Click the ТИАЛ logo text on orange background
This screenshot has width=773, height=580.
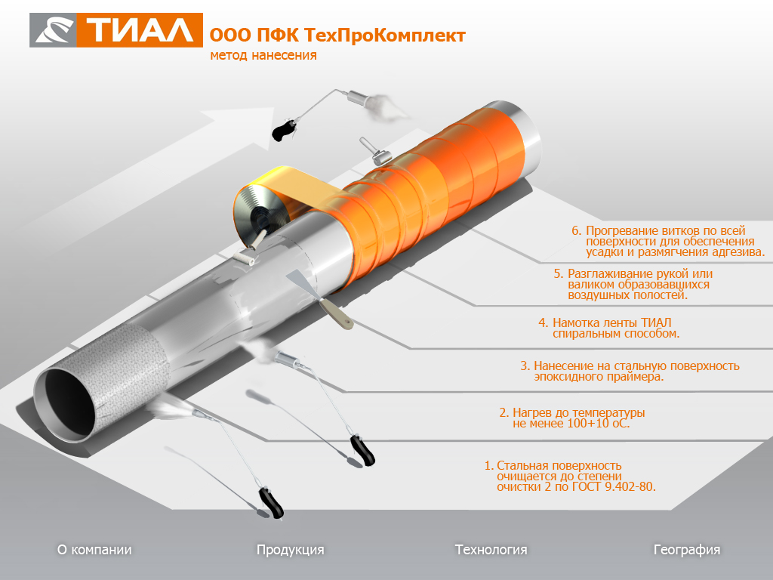140,30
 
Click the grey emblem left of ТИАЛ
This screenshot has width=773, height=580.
54,30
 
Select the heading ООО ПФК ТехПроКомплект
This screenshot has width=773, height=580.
337,35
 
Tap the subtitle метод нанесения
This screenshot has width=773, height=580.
263,55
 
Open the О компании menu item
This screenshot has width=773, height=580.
94,550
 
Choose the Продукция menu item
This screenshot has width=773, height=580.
291,550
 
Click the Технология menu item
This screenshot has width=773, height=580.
491,550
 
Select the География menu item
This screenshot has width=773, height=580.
687,550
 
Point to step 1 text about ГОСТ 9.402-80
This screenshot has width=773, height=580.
570,477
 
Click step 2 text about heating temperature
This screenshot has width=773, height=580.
572,418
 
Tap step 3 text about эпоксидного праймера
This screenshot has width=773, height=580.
630,372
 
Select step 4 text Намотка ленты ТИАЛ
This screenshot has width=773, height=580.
609,328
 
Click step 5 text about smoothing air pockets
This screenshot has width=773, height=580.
633,285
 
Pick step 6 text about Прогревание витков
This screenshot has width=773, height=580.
668,242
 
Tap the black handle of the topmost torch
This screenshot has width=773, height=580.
284,129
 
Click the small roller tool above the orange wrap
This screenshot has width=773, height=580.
376,151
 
